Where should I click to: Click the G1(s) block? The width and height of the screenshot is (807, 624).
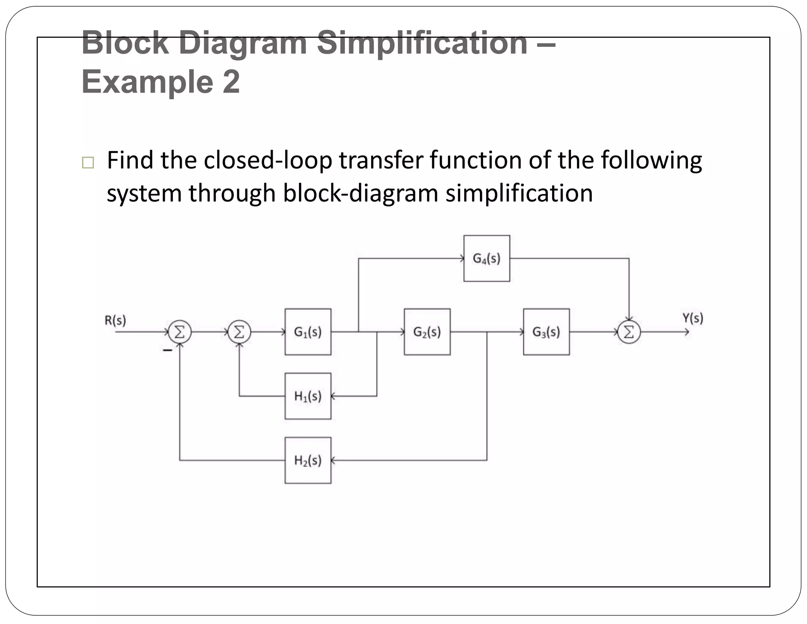click(308, 332)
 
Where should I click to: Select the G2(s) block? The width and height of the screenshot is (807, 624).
click(427, 332)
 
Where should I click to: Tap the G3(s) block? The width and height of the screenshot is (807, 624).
click(546, 332)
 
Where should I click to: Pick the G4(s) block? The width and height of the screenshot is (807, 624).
click(487, 258)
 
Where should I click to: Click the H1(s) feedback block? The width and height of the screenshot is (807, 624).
click(308, 396)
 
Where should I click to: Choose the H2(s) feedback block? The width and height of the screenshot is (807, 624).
click(308, 460)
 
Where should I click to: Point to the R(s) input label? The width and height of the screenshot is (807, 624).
click(115, 320)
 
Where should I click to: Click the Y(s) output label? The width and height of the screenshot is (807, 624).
click(692, 318)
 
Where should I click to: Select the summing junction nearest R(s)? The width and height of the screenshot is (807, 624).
click(180, 332)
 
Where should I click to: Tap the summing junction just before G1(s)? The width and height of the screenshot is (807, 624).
click(239, 332)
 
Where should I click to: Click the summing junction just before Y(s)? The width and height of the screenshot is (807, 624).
click(629, 332)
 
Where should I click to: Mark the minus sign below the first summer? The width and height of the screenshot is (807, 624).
click(168, 350)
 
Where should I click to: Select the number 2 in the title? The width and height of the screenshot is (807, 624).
click(231, 82)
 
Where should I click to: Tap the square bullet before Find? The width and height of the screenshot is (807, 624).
click(88, 163)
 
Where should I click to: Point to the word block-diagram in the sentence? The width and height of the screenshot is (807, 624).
click(361, 193)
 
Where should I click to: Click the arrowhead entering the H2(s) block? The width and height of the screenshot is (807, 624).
click(333, 460)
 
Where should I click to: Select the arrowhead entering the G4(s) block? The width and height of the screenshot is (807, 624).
click(462, 258)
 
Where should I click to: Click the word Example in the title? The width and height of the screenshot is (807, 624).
click(147, 82)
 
